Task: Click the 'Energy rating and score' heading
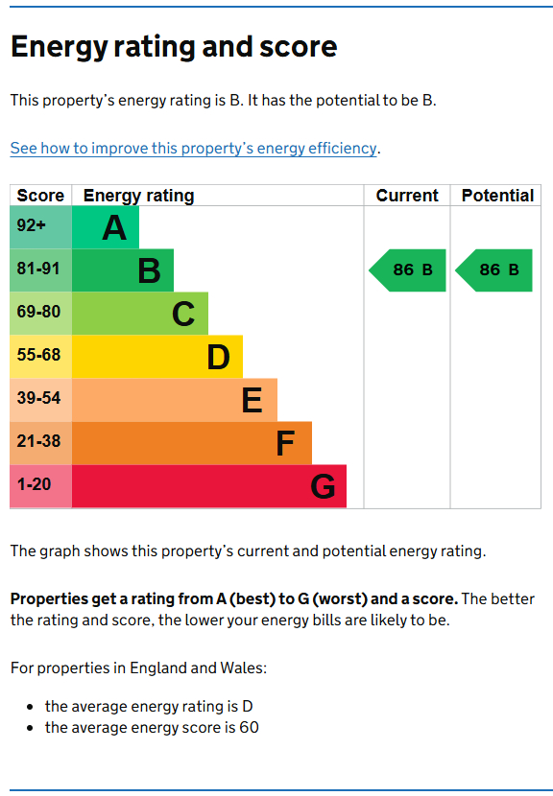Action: coord(174,47)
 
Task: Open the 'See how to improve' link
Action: coord(193,148)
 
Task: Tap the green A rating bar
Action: coord(106,227)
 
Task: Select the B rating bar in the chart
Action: coord(123,270)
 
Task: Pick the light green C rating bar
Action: coord(140,314)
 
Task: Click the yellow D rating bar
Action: coord(157,357)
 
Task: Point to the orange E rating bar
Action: coord(175,400)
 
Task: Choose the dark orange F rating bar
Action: coord(192,443)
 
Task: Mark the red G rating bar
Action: coord(209,486)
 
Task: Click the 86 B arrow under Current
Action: coord(408,270)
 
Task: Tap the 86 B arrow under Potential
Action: coord(494,270)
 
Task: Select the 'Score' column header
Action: coord(40,196)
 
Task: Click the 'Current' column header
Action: coord(407,196)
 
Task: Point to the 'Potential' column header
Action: coord(497,196)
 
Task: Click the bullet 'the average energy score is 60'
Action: coord(152,728)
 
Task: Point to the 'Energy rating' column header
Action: coord(138,196)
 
